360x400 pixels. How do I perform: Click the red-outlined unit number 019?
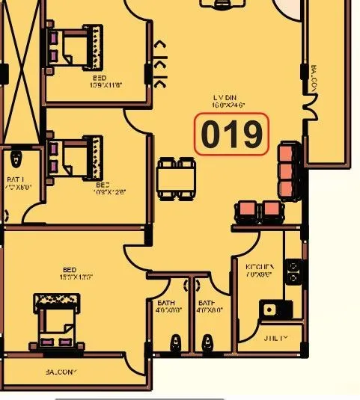[x=231, y=135]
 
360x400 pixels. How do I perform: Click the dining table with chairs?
[x=177, y=178]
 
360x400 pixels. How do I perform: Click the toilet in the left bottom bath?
[x=175, y=343]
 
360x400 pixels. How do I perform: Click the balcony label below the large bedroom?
[x=61, y=372]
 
